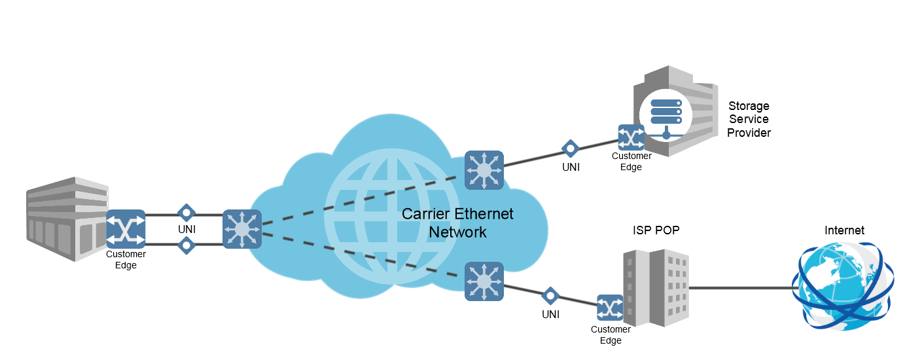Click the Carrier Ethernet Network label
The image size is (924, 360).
click(457, 223)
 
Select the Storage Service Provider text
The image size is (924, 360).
click(749, 119)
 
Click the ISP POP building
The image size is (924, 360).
click(655, 288)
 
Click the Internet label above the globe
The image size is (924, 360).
click(844, 230)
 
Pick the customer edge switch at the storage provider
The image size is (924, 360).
click(631, 137)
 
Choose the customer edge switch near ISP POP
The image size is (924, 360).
click(611, 308)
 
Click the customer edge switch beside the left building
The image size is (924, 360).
click(126, 228)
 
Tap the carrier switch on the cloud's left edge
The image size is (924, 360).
click(242, 229)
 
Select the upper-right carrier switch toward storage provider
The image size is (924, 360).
click(484, 170)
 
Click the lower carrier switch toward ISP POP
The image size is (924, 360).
click(484, 281)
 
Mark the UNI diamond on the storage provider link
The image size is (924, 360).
click(571, 149)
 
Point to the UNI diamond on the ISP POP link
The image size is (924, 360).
click(550, 296)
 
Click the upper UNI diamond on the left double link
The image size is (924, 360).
click(187, 213)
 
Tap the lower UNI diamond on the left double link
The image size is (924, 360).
click(187, 245)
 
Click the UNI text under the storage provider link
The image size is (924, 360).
click(571, 168)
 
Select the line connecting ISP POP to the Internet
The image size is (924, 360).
click(739, 287)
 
